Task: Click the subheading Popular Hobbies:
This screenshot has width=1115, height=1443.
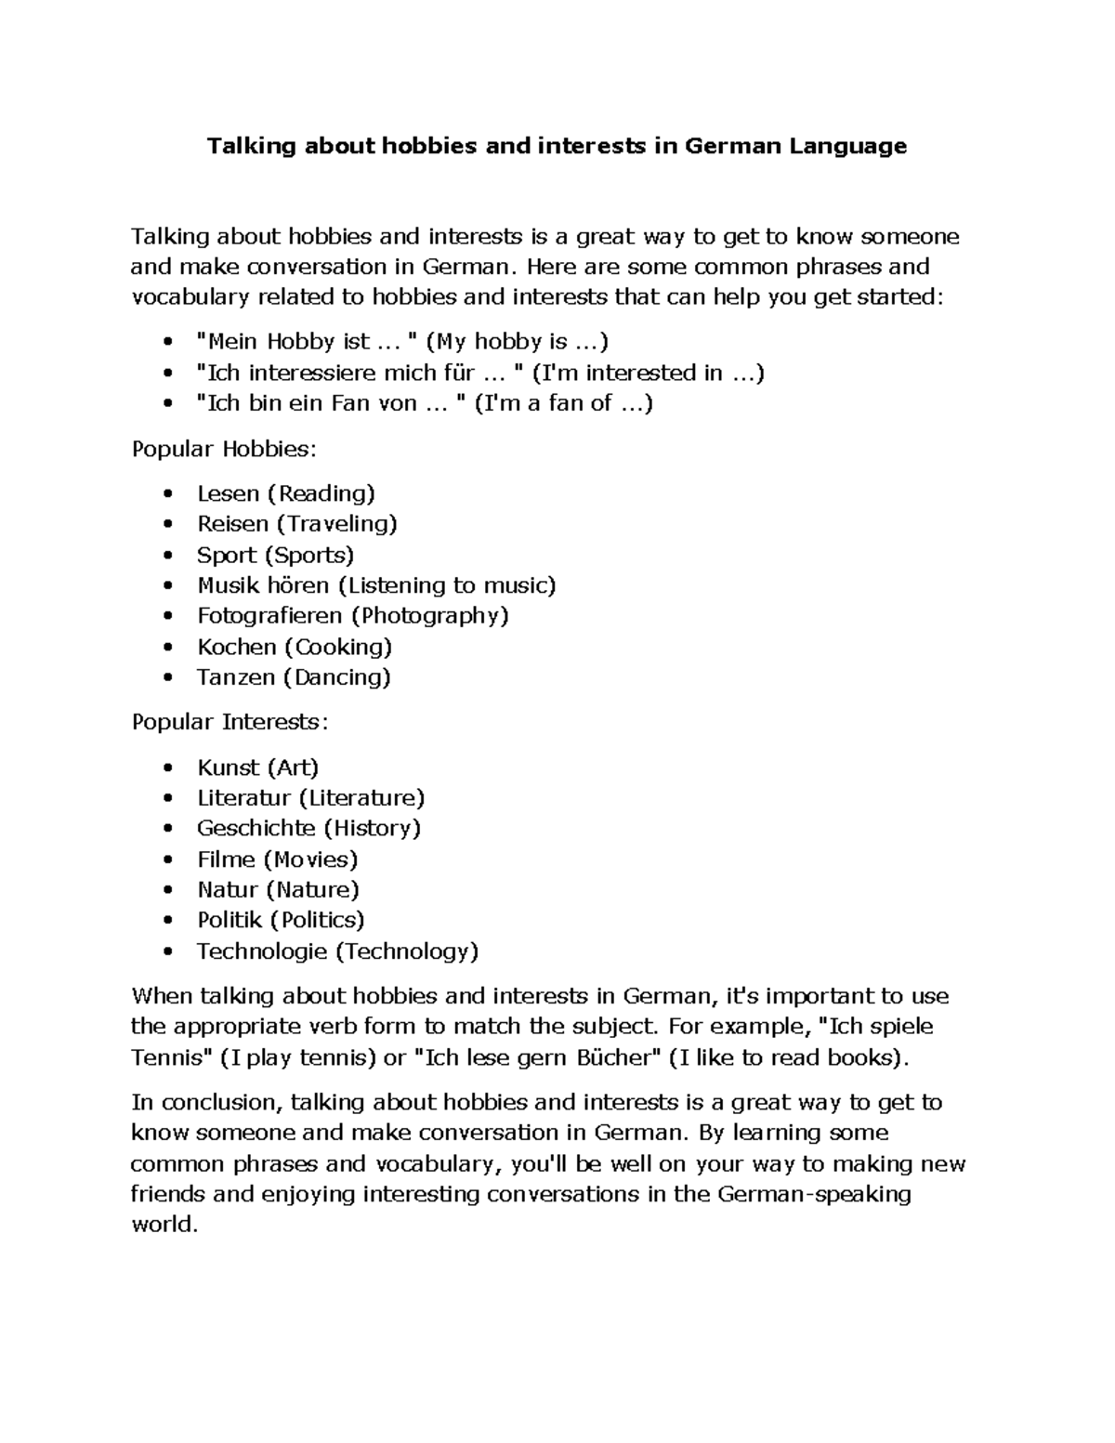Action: [224, 449]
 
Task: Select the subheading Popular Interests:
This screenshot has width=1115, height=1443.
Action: [230, 722]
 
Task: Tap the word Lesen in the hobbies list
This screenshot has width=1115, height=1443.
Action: [228, 493]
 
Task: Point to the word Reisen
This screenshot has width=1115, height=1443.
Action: [232, 524]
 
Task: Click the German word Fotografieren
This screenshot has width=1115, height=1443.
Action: [270, 615]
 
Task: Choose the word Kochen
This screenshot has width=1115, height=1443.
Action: [236, 647]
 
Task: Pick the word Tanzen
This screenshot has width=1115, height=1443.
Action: [236, 677]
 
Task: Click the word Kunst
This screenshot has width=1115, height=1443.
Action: [229, 767]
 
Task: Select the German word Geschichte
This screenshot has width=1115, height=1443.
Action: [256, 828]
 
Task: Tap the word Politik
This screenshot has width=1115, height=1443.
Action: [230, 920]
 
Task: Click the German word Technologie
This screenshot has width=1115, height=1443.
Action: [262, 951]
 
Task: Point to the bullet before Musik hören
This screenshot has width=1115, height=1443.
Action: [167, 586]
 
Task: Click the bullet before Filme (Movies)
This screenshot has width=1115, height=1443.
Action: [167, 859]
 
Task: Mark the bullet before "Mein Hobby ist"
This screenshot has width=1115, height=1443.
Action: [167, 342]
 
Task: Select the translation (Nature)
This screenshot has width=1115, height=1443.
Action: [312, 889]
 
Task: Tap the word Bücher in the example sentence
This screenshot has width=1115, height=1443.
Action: [613, 1057]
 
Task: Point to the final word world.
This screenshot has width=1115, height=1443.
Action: [164, 1225]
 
